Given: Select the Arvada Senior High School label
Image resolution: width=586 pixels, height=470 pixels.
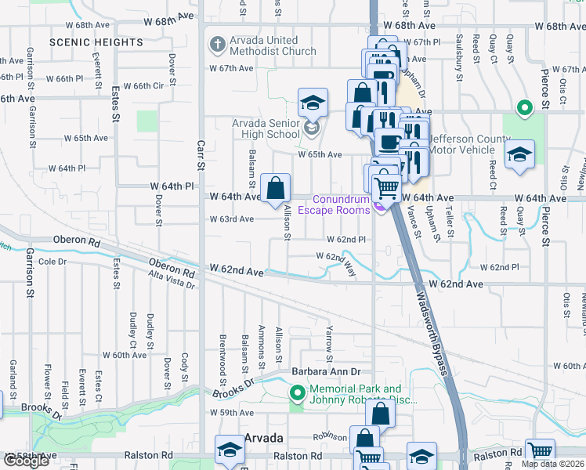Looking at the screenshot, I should click(266, 128).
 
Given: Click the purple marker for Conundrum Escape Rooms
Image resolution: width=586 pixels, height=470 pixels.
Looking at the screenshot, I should click(379, 205).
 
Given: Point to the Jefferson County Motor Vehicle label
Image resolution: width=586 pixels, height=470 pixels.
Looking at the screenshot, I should click(470, 145).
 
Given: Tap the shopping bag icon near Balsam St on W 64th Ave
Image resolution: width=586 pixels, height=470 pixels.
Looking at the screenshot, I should click(276, 189).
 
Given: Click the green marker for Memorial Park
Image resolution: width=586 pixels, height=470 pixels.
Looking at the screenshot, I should click(297, 392).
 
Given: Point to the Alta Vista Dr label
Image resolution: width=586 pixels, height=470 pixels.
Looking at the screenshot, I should click(172, 280).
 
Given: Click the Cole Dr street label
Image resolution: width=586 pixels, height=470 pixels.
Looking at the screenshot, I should click(52, 261).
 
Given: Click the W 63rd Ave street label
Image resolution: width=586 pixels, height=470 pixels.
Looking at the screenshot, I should click(231, 219).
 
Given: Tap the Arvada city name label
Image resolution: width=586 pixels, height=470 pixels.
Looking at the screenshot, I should click(264, 437).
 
